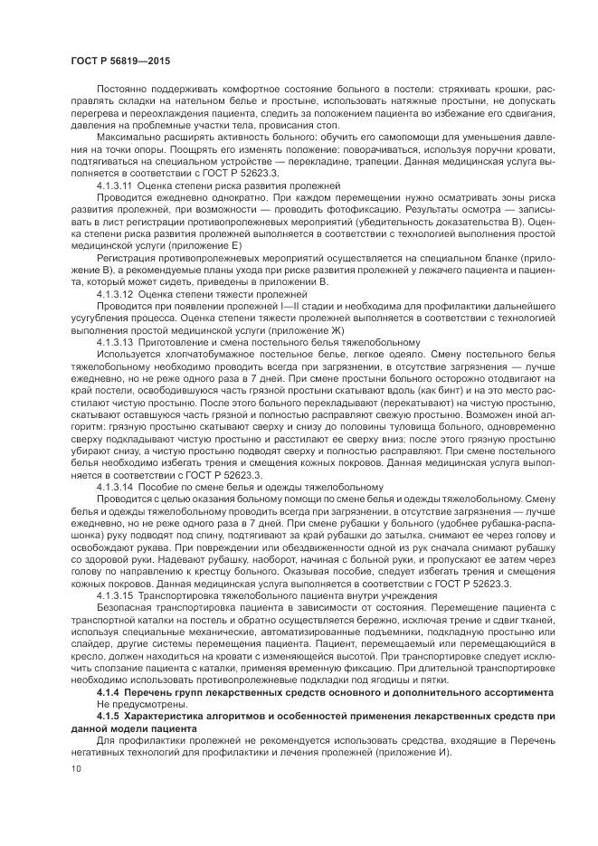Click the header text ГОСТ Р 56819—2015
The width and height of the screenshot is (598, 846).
[119, 61]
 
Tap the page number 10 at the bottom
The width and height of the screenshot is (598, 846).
[75, 767]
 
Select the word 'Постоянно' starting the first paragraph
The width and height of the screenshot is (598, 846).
[119, 90]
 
